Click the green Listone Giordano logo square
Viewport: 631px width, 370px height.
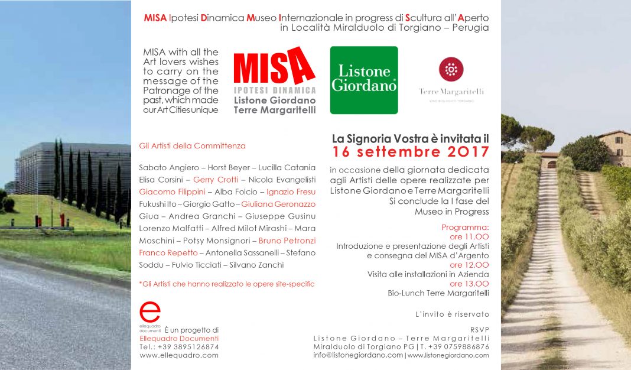363,80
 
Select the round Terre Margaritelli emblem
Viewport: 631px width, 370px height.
451,69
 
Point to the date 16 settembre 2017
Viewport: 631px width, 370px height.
411,152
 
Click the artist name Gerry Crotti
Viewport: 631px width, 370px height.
216,180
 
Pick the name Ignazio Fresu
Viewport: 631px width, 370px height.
291,192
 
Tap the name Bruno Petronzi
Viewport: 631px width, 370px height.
287,241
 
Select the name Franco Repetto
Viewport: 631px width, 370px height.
168,252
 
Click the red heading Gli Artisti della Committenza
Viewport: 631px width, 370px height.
192,145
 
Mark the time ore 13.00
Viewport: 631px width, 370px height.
469,284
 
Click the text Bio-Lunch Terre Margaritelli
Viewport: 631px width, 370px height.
438,293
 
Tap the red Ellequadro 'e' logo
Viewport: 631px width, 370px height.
150,313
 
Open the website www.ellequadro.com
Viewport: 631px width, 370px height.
179,355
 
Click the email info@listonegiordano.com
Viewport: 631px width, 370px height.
358,355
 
